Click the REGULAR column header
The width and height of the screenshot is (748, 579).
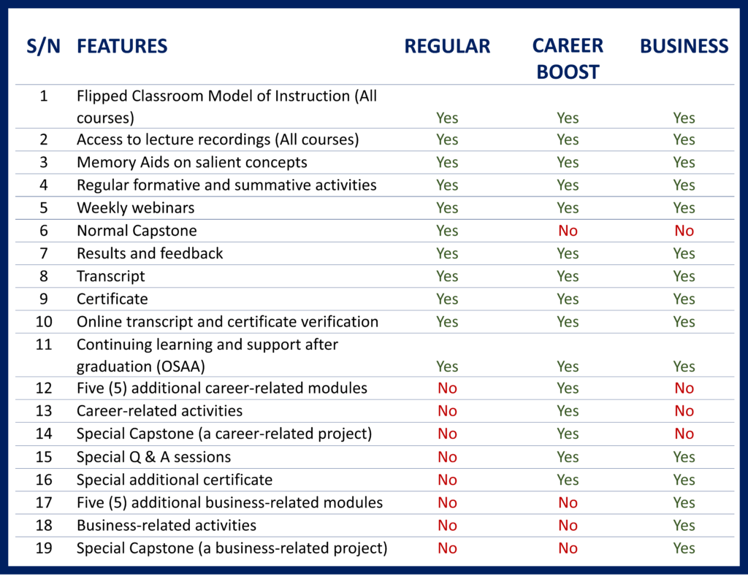pos(447,46)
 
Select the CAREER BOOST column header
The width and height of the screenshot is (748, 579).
pos(568,58)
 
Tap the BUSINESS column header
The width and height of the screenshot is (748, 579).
pos(684,46)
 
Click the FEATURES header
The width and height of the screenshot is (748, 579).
pos(122,46)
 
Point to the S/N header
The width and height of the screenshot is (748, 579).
pos(43,46)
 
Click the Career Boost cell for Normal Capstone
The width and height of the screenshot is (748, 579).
pos(568,231)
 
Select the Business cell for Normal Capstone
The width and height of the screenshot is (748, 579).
pos(684,231)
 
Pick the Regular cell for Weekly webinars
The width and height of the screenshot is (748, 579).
pos(447,208)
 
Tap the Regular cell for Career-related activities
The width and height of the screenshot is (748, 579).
pos(447,411)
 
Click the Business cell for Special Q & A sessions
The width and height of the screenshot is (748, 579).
pos(684,457)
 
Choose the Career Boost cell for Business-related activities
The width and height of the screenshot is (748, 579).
pos(568,526)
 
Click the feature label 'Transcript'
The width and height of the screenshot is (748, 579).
pos(111,276)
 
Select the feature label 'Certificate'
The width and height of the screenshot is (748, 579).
pos(112,299)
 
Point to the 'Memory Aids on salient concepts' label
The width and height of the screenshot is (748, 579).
pos(192,162)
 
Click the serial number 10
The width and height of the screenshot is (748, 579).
pos(44,321)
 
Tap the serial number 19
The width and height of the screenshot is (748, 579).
pos(44,548)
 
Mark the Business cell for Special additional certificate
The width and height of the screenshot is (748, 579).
pos(684,480)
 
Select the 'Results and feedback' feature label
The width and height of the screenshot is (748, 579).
pos(150,253)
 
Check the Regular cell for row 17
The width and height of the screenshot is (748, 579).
pos(447,502)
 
